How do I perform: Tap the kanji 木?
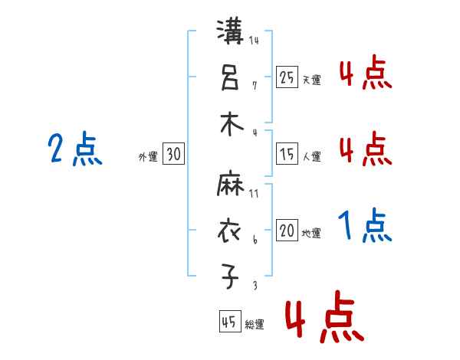click(x=232, y=123)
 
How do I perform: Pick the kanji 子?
click(x=231, y=277)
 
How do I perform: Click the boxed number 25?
click(x=287, y=77)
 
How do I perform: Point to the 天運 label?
click(x=311, y=80)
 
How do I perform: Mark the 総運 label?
click(x=255, y=324)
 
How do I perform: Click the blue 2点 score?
click(x=75, y=149)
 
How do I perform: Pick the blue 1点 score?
click(x=365, y=227)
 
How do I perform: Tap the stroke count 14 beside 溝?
click(x=254, y=41)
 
